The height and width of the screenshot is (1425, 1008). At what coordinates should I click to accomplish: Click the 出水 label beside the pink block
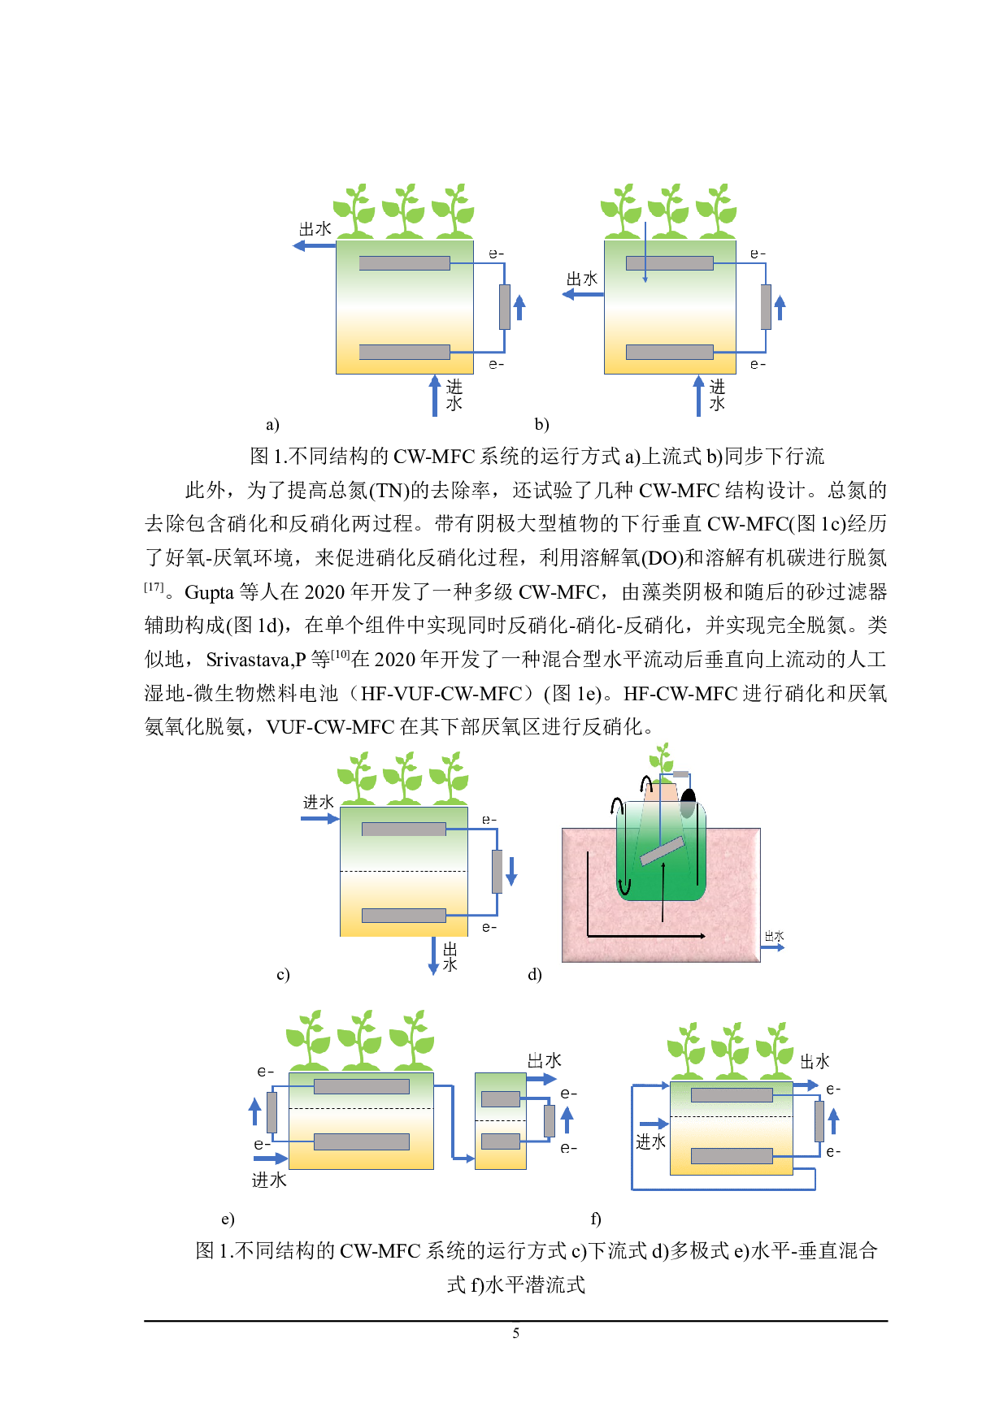(x=774, y=937)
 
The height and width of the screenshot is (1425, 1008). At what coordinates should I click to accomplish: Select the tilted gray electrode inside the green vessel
(x=662, y=851)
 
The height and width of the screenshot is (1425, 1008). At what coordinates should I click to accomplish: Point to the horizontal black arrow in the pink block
(x=646, y=936)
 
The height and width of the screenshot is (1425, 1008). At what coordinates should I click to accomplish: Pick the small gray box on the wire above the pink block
(x=681, y=773)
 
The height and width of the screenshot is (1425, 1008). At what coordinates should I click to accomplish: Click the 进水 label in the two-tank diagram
(x=269, y=1180)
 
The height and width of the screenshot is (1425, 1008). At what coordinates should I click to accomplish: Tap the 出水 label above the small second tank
(x=544, y=1060)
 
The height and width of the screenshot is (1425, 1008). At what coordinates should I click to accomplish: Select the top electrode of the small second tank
(x=501, y=1099)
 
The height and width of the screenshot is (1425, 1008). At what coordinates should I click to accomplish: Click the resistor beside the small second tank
(x=550, y=1121)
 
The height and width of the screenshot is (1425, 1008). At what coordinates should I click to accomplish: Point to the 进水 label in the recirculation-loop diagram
(x=650, y=1141)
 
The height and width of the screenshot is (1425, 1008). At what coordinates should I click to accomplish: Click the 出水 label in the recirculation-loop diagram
(x=815, y=1061)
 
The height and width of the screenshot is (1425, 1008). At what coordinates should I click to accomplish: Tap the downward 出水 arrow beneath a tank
(x=433, y=956)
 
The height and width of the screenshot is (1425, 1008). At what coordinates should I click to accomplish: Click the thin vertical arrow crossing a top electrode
(x=645, y=252)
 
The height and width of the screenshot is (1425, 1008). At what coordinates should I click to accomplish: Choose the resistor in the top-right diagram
(x=766, y=307)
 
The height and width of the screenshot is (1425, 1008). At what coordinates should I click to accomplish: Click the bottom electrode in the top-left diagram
(x=404, y=352)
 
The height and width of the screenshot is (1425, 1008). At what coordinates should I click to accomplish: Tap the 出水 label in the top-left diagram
(x=315, y=229)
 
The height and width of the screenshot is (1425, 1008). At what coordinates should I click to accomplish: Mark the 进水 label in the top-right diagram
(x=717, y=395)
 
